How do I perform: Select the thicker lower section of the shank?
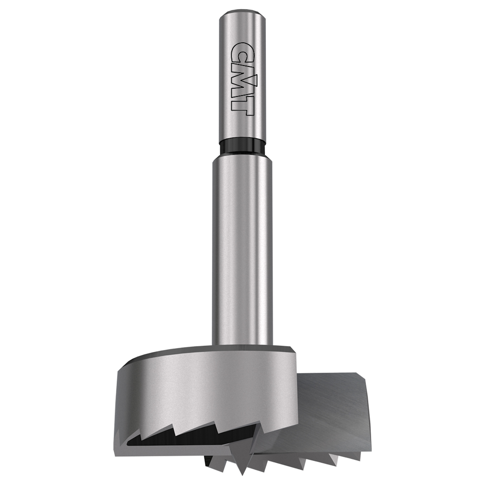pyautogui.click(x=242, y=251)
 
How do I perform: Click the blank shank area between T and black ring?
pyautogui.click(x=242, y=127)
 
